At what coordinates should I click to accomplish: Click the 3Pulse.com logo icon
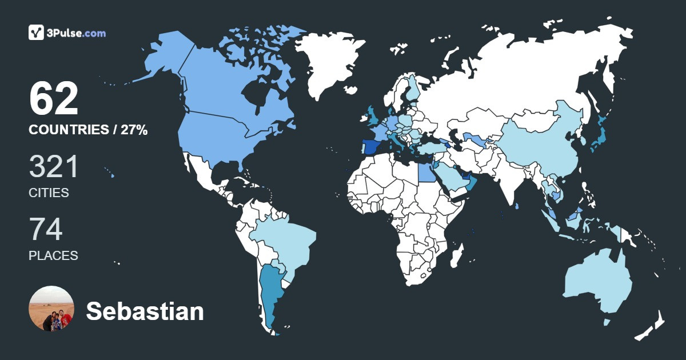click(37, 33)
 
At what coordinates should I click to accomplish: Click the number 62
click(54, 99)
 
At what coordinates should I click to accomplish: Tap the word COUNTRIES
click(68, 130)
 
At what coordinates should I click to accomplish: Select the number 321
click(54, 166)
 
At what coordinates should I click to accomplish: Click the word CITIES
click(49, 193)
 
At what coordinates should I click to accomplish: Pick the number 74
click(46, 229)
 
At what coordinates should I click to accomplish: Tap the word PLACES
click(53, 256)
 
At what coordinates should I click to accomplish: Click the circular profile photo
click(51, 309)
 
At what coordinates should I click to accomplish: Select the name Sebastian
click(145, 311)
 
